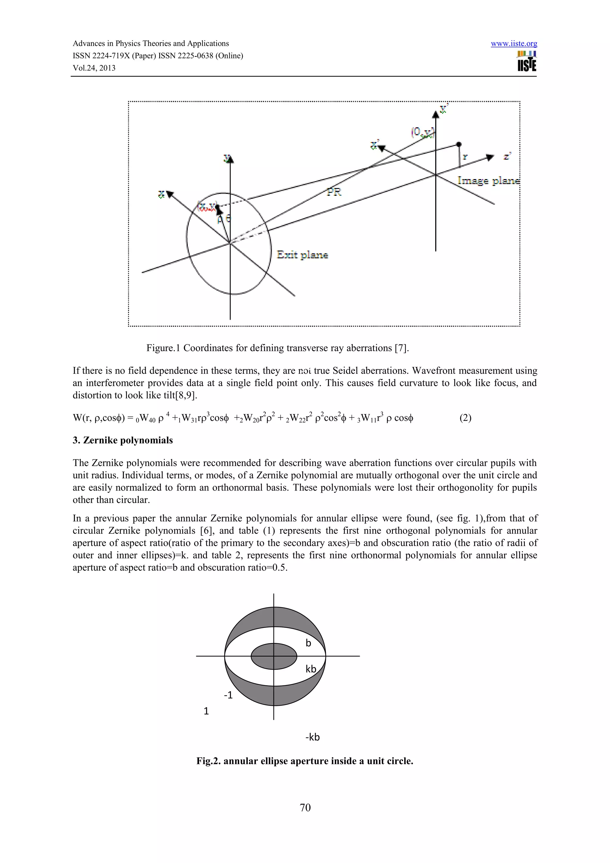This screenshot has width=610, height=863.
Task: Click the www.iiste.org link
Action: [x=513, y=44]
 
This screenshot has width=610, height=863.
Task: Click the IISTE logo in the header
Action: [x=527, y=62]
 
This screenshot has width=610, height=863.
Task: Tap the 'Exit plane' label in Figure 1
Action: [x=302, y=255]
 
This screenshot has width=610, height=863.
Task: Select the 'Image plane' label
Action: [x=488, y=181]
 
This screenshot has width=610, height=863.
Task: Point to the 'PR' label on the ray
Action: [x=334, y=192]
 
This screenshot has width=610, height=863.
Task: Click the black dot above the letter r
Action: [x=458, y=144]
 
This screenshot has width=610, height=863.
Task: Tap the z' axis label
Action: [x=507, y=156]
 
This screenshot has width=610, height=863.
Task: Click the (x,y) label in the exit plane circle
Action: [x=207, y=206]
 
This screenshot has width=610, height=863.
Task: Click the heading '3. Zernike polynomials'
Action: [x=122, y=440]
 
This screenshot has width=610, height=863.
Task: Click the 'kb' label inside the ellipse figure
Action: [x=311, y=669]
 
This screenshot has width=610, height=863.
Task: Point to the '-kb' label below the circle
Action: [x=312, y=737]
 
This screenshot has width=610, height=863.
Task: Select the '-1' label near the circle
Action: [x=228, y=695]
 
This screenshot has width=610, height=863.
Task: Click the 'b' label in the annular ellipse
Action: [x=308, y=643]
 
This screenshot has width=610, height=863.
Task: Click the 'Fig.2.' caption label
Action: [x=208, y=761]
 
